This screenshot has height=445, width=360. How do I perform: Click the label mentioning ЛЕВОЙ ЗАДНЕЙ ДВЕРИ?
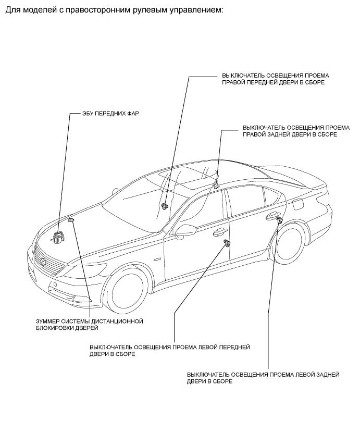[263, 378]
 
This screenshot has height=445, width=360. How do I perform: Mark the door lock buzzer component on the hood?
[71, 222]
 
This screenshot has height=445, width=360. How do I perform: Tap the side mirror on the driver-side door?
[184, 229]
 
